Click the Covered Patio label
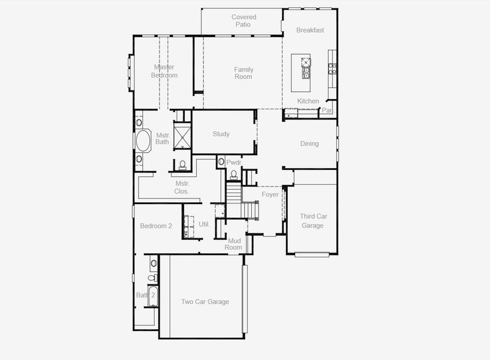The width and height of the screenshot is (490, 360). point(244,21)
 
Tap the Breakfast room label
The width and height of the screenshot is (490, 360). point(310,30)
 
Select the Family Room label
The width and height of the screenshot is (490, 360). point(244,73)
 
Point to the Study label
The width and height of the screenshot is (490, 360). point(221,134)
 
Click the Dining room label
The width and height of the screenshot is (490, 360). point(309,144)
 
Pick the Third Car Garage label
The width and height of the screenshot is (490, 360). point(312,221)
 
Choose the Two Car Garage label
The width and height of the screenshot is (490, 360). point(205,302)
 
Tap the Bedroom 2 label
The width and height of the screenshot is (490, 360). point(156,226)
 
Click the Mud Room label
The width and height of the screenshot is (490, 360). point(233,244)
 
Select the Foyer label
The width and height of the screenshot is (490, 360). point(270,194)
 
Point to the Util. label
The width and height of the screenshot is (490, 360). point(204,224)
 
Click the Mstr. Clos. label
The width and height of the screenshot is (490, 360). point(182,187)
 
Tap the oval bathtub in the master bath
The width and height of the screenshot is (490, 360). point(143,142)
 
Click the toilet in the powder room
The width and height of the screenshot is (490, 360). point(233,174)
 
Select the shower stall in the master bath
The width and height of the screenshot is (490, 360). point(182,134)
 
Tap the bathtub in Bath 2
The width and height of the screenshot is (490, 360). point(152,297)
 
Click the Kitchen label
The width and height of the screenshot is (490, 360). point(308,101)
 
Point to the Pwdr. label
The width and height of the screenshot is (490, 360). point(233,163)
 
